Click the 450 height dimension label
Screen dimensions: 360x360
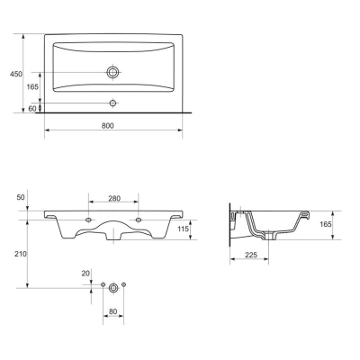tap(16, 74)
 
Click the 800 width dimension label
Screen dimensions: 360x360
tap(107, 126)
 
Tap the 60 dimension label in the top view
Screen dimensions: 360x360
tap(32, 109)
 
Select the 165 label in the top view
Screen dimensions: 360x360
tap(32, 86)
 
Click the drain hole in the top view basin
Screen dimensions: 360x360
tap(112, 72)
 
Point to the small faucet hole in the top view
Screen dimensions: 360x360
tap(112, 103)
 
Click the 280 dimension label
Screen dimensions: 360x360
tap(114, 198)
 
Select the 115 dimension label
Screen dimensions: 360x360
tap(183, 229)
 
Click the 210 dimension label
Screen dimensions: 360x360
tap(21, 254)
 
